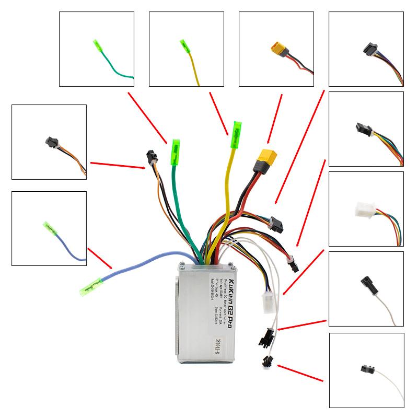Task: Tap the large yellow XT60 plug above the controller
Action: (x=265, y=158)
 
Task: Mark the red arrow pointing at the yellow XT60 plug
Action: (x=275, y=118)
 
